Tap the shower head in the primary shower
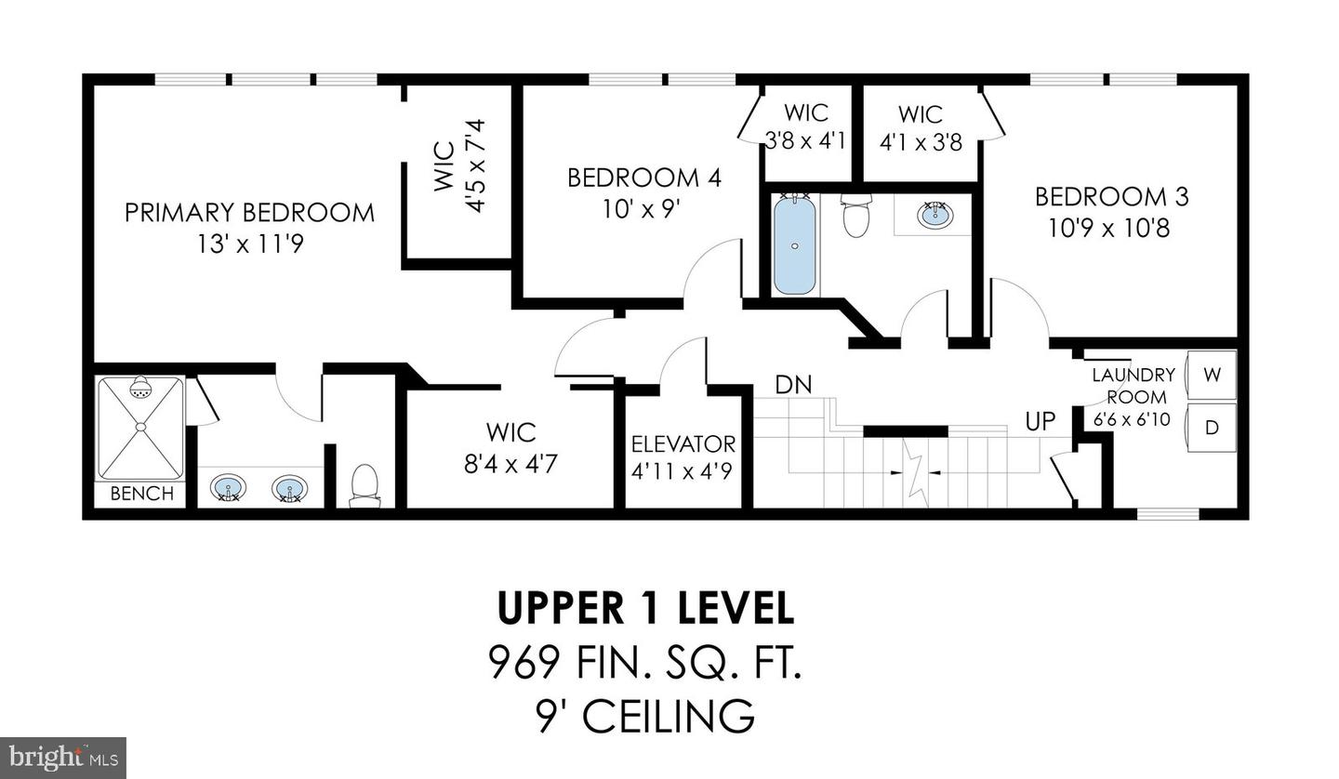pos(140,389)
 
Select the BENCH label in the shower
pos(141,494)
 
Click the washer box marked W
pos(1212,375)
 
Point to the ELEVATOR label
pos(683,444)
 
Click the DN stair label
pos(794,384)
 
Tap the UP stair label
pos(1041,421)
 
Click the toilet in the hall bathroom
pos(855,217)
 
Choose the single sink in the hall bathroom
pos(935,215)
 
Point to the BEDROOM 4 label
pos(644,178)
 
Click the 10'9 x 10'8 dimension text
pos(1109,228)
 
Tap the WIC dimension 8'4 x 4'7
pos(510,462)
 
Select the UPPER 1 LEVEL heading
pos(645,608)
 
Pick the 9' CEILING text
pos(645,716)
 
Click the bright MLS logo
pos(63,758)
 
